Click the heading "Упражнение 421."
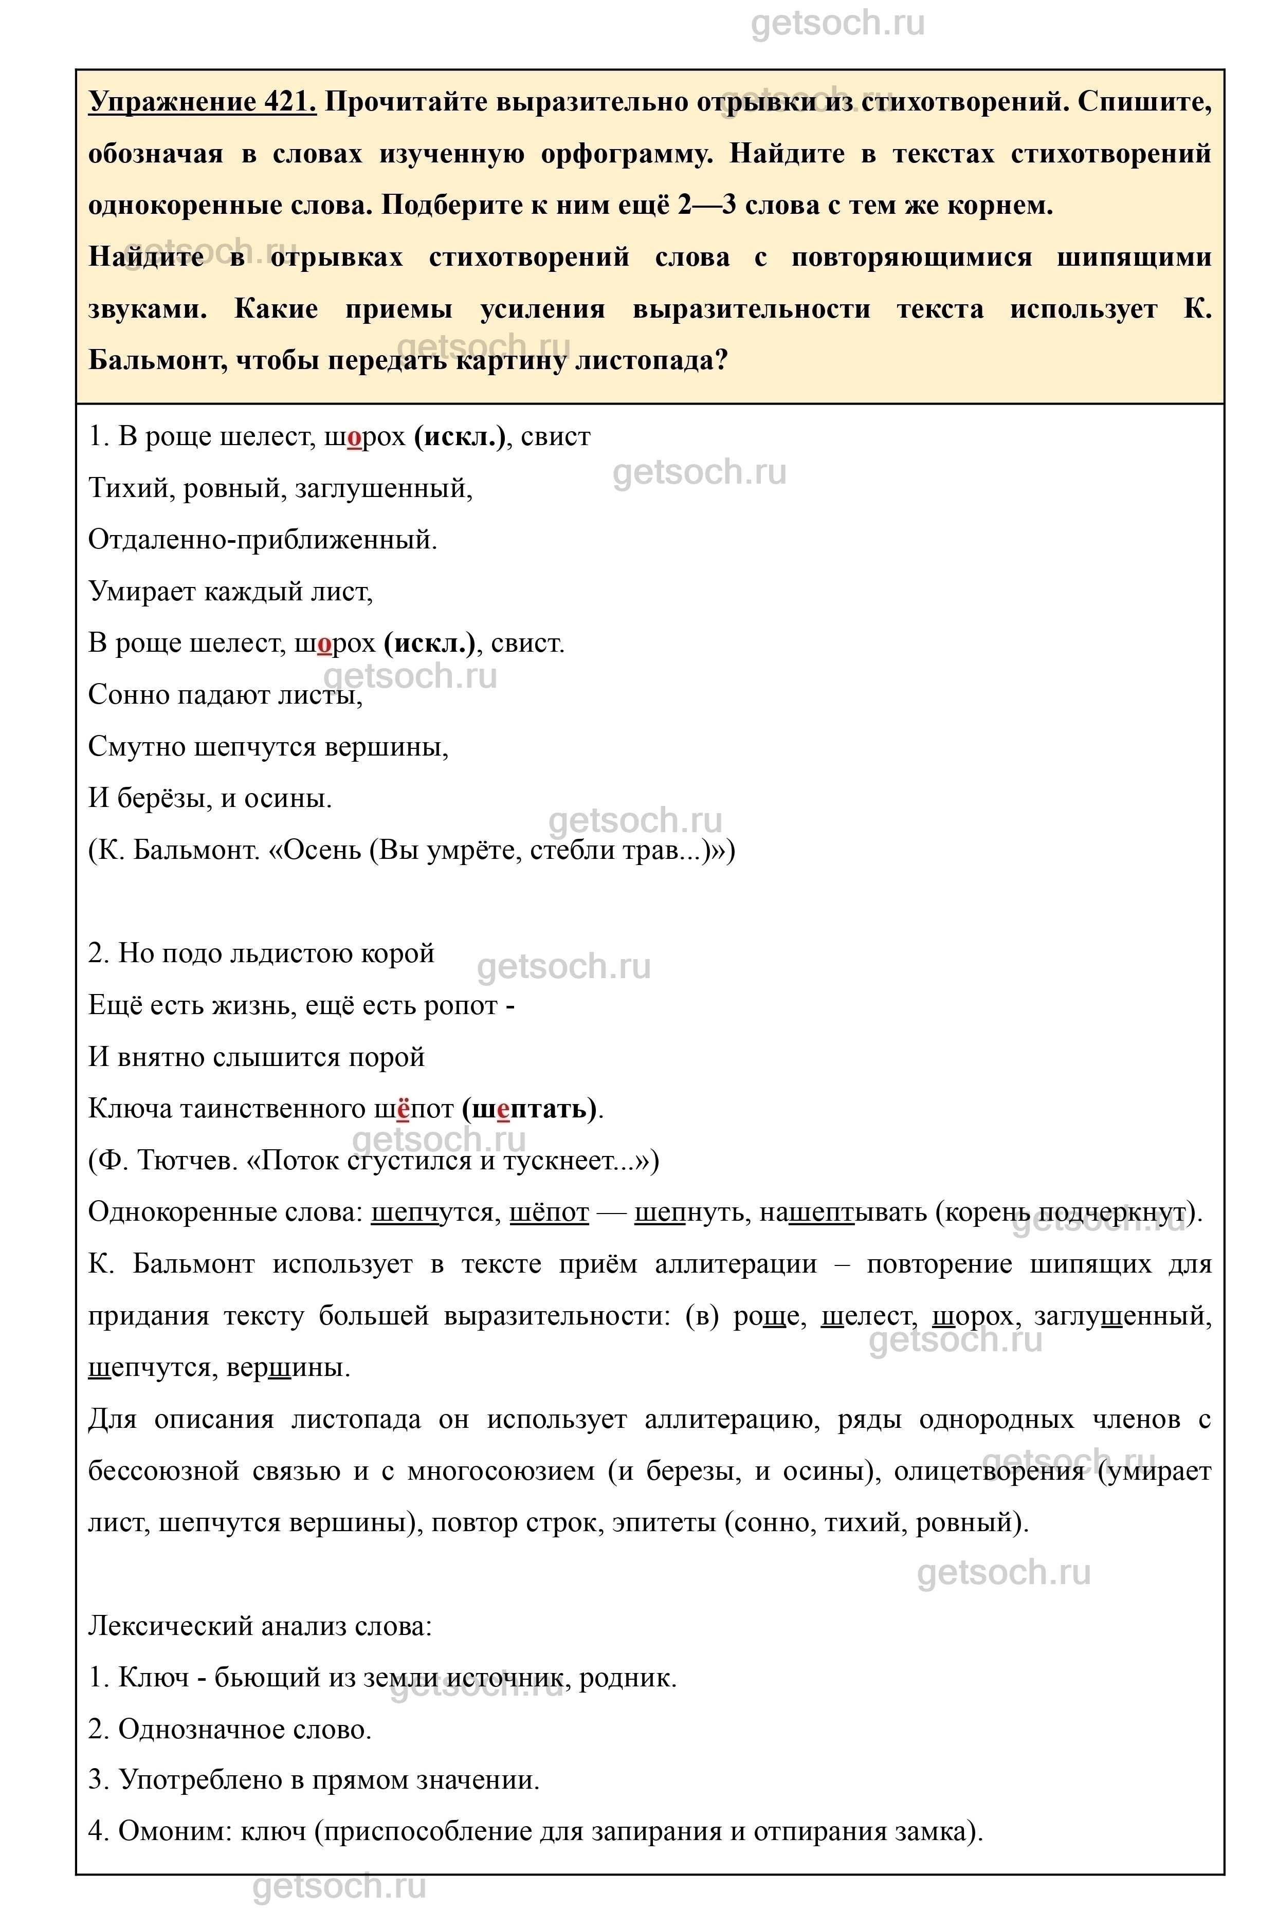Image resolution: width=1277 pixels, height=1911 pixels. pos(202,103)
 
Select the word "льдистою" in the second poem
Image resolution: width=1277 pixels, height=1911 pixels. pos(276,953)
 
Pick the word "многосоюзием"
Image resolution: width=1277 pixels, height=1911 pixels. pos(501,1472)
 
